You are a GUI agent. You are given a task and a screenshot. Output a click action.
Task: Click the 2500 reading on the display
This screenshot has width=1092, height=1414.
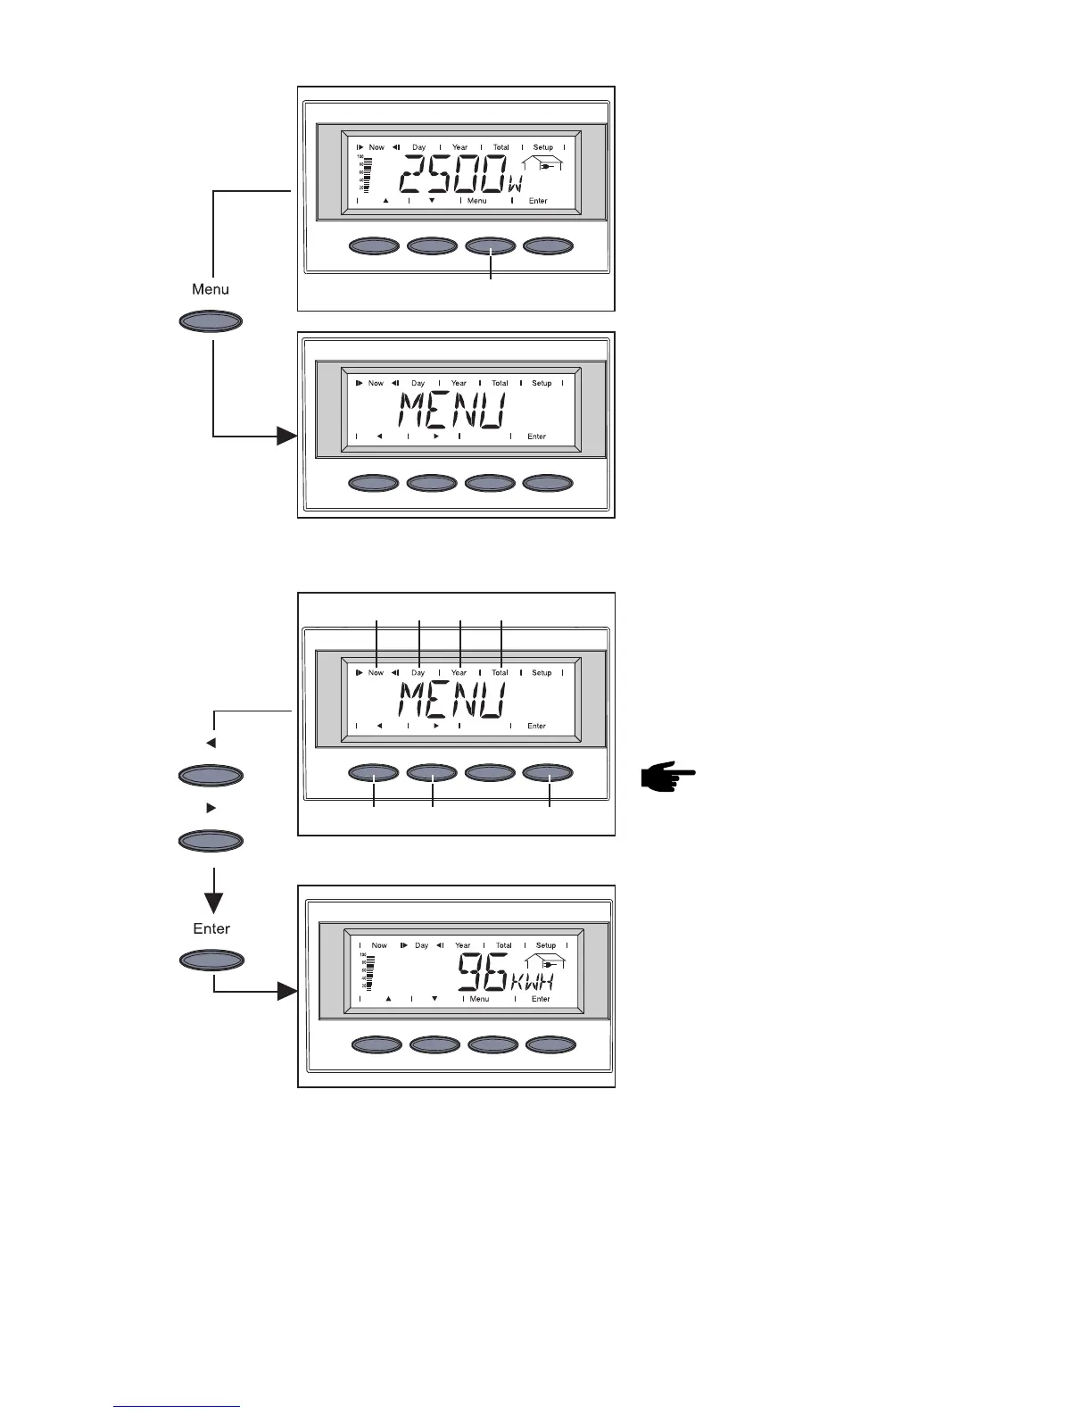(x=451, y=175)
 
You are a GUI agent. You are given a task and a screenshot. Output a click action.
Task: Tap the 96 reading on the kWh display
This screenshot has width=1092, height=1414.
(x=483, y=972)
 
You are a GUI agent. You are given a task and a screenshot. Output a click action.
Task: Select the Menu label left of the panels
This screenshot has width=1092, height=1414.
(x=211, y=289)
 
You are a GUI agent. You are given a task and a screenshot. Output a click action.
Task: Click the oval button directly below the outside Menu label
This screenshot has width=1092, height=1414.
(x=211, y=321)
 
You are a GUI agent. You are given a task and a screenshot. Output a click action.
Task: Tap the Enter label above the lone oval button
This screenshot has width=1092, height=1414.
(x=211, y=928)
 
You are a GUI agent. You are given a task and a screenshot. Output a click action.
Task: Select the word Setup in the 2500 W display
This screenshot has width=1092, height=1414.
(x=542, y=147)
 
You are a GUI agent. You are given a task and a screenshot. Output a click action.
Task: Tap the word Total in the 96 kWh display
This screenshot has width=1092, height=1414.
(x=504, y=945)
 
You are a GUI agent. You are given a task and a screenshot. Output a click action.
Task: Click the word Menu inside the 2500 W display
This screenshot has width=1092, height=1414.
(x=477, y=201)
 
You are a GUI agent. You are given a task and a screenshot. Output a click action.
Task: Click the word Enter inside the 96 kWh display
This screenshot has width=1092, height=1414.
(x=541, y=999)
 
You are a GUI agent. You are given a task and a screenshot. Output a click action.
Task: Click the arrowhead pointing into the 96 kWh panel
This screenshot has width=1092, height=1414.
(x=286, y=991)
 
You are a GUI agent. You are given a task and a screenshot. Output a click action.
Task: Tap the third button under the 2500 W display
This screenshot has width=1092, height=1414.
(x=491, y=245)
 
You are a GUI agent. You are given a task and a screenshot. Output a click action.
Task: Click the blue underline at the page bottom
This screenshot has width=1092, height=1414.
(x=177, y=1406)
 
